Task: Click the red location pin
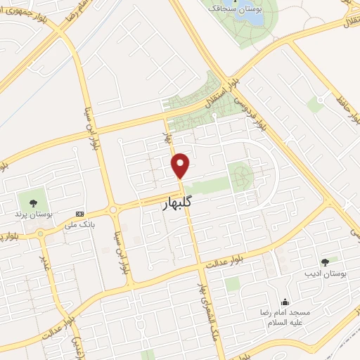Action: [181, 165]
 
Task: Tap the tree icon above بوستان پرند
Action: [32, 201]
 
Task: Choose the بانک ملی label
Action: [79, 225]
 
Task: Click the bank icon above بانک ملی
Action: [79, 214]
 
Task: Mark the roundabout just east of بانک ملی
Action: [113, 209]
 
